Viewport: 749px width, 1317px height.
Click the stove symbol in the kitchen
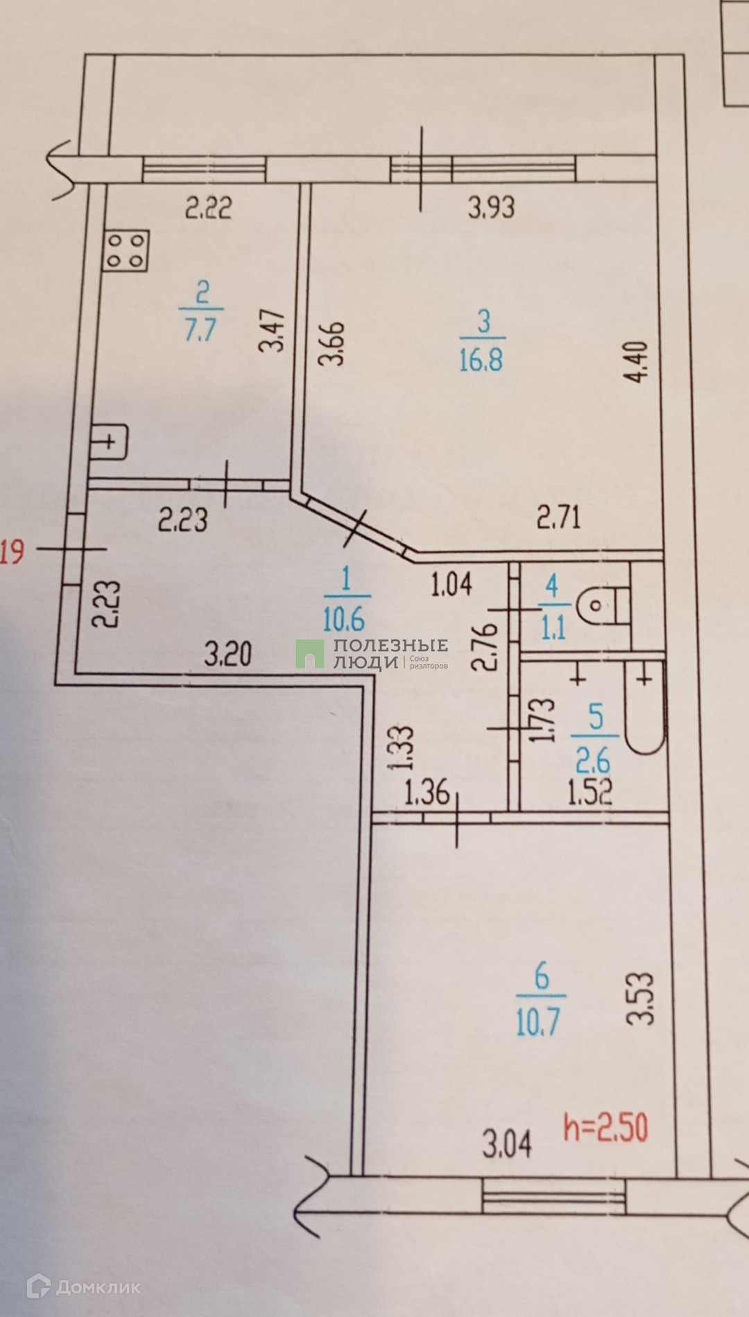pyautogui.click(x=126, y=250)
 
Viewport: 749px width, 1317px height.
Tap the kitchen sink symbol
pyautogui.click(x=110, y=442)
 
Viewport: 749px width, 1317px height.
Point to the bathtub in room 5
pyautogui.click(x=645, y=707)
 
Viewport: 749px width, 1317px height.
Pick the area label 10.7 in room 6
pyautogui.click(x=538, y=1022)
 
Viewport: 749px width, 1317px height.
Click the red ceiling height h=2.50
pyautogui.click(x=606, y=1127)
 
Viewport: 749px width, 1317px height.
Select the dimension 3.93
pyautogui.click(x=491, y=207)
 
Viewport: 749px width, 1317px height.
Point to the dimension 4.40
pyautogui.click(x=636, y=361)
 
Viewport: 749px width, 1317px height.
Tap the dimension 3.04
pyautogui.click(x=507, y=1144)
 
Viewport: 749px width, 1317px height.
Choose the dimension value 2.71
pyautogui.click(x=559, y=518)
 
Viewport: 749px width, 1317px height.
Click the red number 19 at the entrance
pyautogui.click(x=12, y=552)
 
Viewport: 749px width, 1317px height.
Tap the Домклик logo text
pyautogui.click(x=98, y=1287)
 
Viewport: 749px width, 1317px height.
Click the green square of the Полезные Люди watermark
pyautogui.click(x=310, y=654)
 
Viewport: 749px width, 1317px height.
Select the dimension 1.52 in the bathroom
pyautogui.click(x=589, y=792)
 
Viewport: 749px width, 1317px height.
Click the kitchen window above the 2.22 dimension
pyautogui.click(x=205, y=169)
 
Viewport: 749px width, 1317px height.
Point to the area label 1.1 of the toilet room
pyautogui.click(x=553, y=628)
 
